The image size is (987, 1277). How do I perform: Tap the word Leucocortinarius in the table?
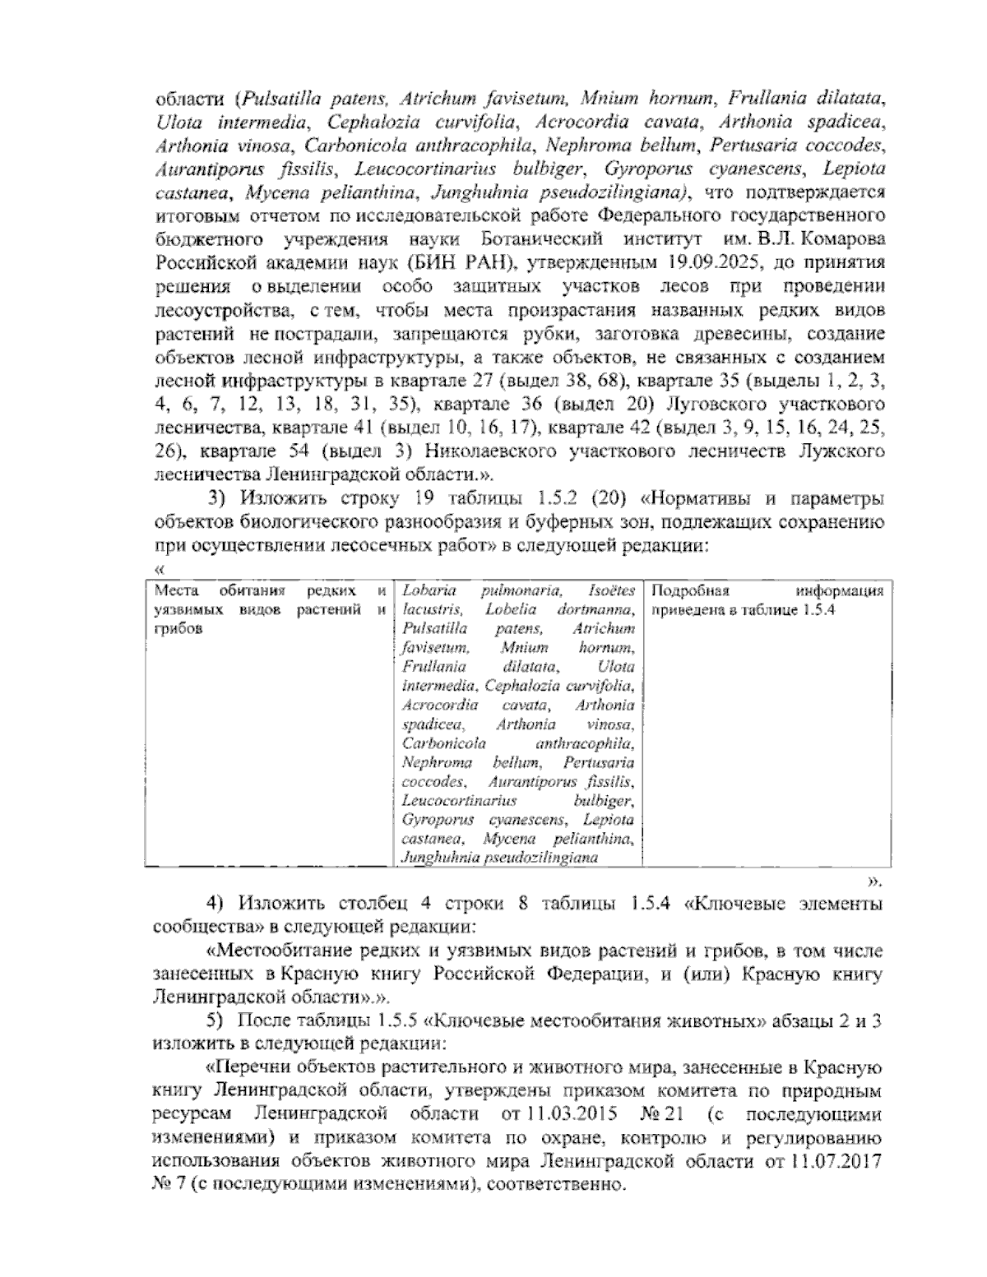459,800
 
